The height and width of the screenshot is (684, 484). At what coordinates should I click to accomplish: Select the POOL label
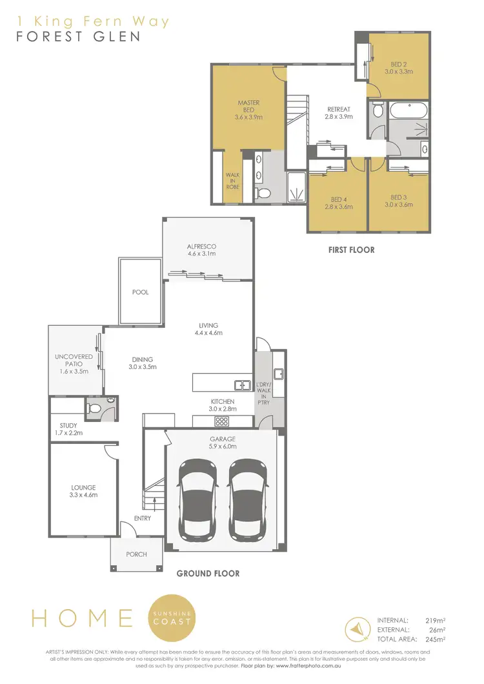point(140,292)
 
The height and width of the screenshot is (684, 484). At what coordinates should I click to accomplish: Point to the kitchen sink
point(243,386)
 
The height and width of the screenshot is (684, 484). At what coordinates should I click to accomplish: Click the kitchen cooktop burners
point(223,421)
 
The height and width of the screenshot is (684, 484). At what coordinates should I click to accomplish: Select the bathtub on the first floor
point(407,109)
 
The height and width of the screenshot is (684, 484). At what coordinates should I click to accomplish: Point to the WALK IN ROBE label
point(232,180)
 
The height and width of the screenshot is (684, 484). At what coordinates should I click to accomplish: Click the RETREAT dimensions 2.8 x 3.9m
point(338,117)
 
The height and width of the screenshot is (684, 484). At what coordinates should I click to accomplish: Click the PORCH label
point(136,554)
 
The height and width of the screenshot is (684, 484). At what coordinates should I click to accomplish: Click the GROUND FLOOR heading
point(208,573)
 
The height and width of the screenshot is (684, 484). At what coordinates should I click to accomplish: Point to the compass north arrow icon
point(357,627)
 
